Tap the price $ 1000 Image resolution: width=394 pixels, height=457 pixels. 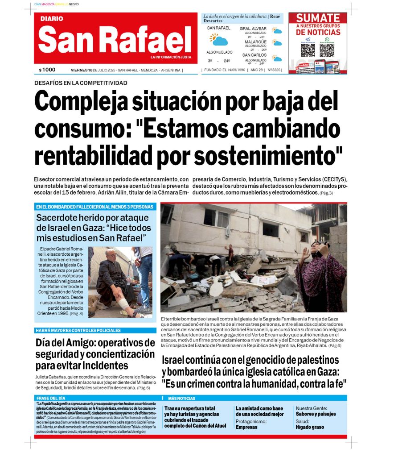(47, 70)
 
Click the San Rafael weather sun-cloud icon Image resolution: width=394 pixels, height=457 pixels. (219, 40)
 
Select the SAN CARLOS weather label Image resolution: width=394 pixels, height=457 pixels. (254, 55)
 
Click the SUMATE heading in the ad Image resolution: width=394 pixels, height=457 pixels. (318, 18)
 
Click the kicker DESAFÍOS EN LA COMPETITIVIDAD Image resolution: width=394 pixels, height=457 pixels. (81, 83)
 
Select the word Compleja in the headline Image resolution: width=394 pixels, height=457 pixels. (84, 102)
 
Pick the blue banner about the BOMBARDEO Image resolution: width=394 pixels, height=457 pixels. (95, 207)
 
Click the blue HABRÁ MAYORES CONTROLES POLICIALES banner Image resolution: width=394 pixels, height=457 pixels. (78, 330)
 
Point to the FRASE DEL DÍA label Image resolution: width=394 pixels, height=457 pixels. (50, 398)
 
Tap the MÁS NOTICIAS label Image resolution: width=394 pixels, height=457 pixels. (181, 398)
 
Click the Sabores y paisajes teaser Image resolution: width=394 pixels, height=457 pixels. (316, 414)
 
